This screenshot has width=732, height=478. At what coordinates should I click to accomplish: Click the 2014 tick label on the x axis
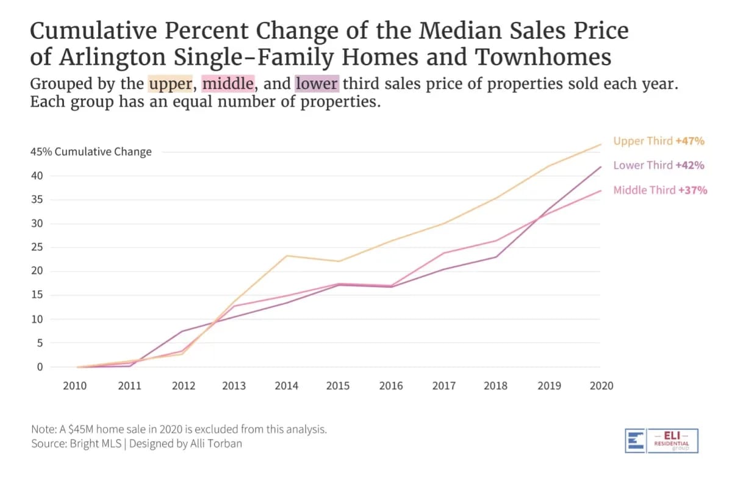286,386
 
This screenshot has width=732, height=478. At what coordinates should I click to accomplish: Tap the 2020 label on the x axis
601,386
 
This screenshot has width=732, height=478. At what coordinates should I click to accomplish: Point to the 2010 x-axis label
75,386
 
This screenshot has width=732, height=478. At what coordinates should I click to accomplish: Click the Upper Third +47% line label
659,141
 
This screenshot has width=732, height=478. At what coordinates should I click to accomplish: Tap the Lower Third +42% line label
659,165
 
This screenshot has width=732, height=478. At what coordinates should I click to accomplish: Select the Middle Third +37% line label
660,190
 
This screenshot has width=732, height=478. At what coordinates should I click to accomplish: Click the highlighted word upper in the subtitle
170,83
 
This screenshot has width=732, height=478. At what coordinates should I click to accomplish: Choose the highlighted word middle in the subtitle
228,83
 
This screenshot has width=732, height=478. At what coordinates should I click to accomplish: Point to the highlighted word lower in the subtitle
317,83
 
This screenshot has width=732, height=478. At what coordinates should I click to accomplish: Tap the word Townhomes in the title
543,57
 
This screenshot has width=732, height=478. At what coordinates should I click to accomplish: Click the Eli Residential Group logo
661,440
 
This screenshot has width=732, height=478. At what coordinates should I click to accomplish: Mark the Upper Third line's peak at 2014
286,255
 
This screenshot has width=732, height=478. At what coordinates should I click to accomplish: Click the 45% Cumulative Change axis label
91,152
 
